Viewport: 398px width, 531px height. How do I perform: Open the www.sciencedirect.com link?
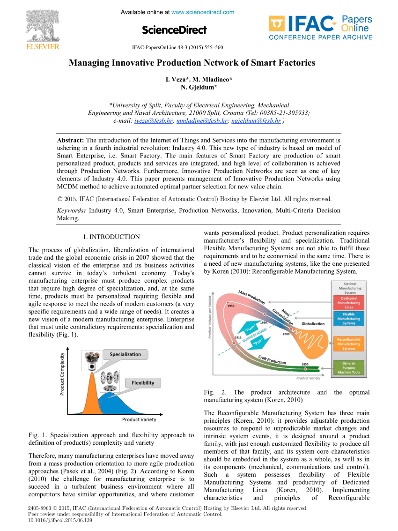click(x=203, y=12)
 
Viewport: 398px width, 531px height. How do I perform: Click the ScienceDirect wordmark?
click(x=174, y=30)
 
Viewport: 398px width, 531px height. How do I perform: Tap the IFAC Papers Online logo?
click(x=321, y=27)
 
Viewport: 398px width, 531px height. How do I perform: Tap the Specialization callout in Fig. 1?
click(x=125, y=354)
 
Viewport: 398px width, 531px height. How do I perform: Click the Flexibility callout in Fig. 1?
click(x=143, y=383)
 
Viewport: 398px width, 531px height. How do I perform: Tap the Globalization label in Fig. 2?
click(x=314, y=324)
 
